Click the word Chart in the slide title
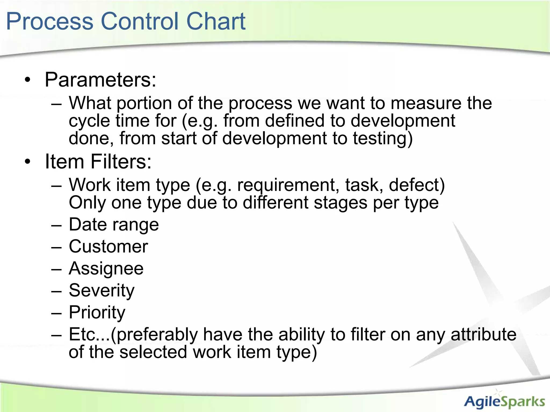(216, 21)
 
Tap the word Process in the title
(50, 21)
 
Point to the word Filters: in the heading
(121, 161)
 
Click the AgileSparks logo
(504, 401)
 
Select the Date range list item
(114, 225)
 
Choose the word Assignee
(106, 268)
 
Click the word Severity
(102, 290)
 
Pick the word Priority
(97, 312)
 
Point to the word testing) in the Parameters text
(382, 139)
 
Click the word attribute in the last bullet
(483, 334)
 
